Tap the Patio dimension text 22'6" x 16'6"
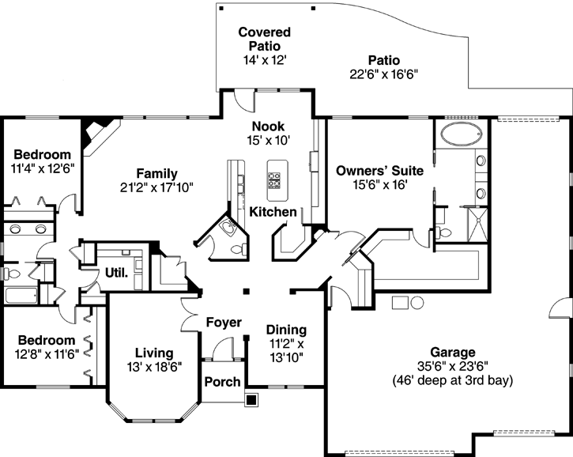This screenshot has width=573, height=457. [383, 74]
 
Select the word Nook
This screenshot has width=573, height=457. [268, 127]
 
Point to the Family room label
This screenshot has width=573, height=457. [156, 174]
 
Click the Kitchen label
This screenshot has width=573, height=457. [273, 212]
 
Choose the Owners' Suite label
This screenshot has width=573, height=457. [379, 170]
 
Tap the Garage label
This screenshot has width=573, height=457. [452, 352]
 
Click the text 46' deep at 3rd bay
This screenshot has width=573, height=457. [452, 380]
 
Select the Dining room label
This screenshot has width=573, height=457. [286, 330]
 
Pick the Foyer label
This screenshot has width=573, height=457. [224, 322]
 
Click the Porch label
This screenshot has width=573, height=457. [222, 382]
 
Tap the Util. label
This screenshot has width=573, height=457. [115, 273]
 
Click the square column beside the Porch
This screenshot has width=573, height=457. [251, 399]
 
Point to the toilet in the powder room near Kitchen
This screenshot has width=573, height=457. [233, 246]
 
